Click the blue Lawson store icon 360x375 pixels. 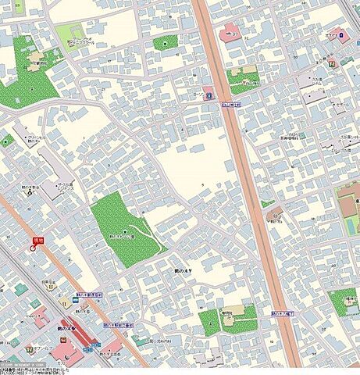point(209,95)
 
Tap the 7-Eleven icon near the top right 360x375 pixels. point(331,62)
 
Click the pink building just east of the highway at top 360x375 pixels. point(230,34)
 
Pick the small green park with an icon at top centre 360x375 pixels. point(164,44)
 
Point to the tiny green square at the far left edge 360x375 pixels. point(6,141)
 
